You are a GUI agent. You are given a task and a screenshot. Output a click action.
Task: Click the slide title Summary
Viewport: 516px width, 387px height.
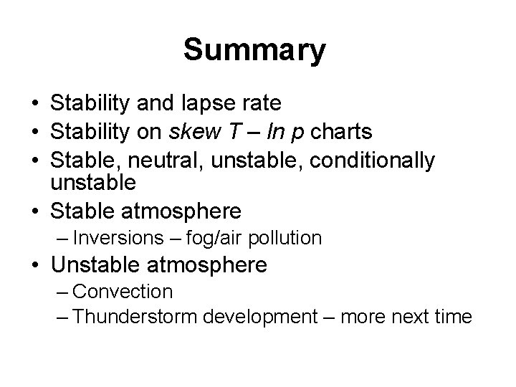pyautogui.click(x=254, y=51)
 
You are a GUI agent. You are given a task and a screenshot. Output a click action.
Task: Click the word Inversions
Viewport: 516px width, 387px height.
pyautogui.click(x=118, y=237)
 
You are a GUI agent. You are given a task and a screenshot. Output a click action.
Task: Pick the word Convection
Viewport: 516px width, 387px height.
pyautogui.click(x=123, y=292)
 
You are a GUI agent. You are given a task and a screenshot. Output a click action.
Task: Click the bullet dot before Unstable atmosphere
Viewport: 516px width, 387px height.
pyautogui.click(x=36, y=266)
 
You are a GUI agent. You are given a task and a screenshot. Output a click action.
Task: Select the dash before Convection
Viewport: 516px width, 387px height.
pyautogui.click(x=61, y=292)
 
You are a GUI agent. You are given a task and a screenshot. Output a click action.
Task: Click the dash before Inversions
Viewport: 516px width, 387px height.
pyautogui.click(x=61, y=237)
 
